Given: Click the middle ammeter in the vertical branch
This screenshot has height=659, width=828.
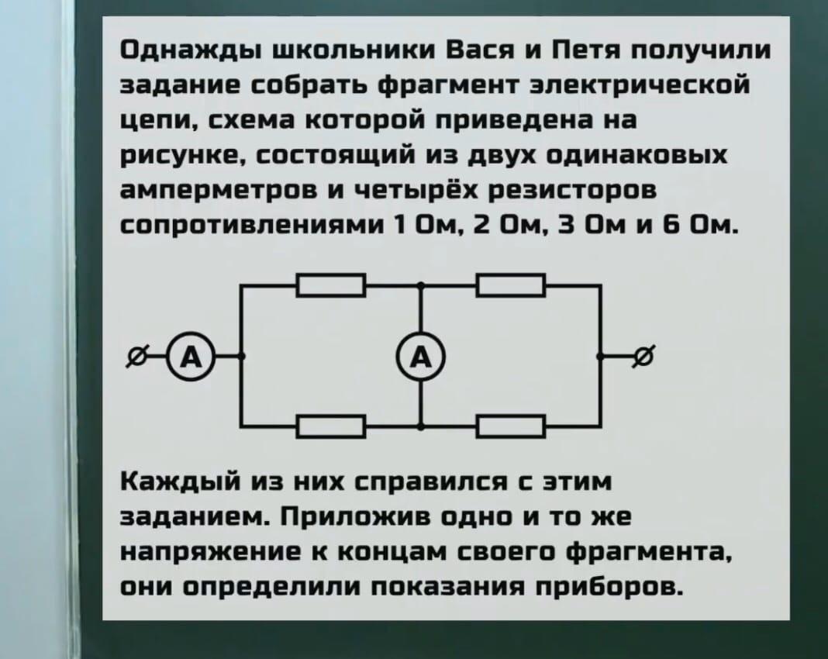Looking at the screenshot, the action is pos(421,357).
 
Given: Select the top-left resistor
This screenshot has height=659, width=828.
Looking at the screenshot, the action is pos(331,285).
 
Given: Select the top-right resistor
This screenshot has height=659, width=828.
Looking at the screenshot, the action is pos(511,285).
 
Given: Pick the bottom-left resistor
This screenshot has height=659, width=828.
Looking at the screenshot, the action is pos(331,426).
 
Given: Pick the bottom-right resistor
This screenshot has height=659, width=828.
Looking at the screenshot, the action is pos(511,426).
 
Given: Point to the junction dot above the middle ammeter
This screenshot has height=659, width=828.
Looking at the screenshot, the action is pos(421,285).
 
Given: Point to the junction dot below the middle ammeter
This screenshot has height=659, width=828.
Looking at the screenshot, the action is pos(421,426).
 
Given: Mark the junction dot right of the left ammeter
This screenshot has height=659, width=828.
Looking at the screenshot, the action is pos(241,357).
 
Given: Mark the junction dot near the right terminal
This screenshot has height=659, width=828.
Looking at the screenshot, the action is pos(600,357).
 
